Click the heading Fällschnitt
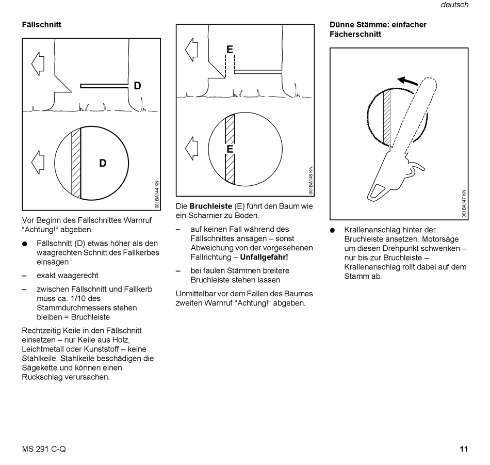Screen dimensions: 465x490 (x=41, y=24)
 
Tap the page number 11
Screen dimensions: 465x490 (x=464, y=449)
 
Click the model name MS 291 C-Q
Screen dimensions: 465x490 (x=44, y=449)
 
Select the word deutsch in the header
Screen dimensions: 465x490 (x=454, y=5)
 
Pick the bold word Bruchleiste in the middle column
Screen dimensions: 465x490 (x=210, y=206)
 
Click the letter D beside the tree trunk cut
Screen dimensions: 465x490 (x=137, y=86)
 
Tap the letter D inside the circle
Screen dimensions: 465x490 (x=103, y=163)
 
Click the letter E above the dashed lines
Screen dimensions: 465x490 (x=230, y=50)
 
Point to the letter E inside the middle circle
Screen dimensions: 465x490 (x=230, y=149)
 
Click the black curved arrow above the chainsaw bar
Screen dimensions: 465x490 (x=408, y=81)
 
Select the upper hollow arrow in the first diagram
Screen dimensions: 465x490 (x=38, y=63)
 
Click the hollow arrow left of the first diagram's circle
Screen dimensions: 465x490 (x=38, y=162)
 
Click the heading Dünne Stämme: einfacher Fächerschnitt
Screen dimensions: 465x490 (x=378, y=29)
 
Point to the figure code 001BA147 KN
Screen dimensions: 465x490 (x=464, y=204)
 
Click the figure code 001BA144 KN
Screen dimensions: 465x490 (x=157, y=194)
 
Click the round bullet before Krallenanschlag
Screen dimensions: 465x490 (x=333, y=230)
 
